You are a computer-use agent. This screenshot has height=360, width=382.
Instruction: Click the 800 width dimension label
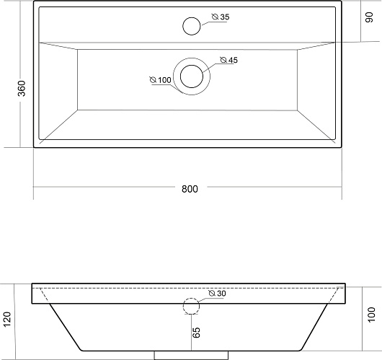tap(190, 189)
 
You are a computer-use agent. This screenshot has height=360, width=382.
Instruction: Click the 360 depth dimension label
tap(22, 88)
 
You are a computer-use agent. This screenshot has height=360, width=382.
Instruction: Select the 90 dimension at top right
tap(369, 17)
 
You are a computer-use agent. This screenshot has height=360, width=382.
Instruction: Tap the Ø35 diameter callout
tap(221, 17)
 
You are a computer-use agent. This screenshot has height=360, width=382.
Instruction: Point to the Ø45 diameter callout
tap(228, 60)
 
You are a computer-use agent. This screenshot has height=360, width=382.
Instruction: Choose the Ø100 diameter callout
tap(161, 80)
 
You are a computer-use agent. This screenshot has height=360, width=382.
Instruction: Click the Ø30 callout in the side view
tap(217, 294)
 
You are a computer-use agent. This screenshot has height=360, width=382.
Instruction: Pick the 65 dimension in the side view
tap(196, 333)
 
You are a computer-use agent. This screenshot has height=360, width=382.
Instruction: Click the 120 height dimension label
tap(7, 319)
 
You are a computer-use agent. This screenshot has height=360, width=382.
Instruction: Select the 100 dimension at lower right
tap(371, 315)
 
